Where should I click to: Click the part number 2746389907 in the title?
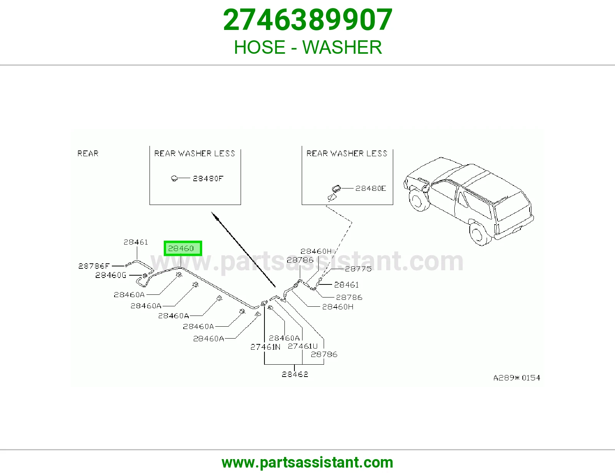[307, 20]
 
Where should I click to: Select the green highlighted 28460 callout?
[183, 248]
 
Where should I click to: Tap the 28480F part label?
[208, 178]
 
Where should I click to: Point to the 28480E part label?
[371, 188]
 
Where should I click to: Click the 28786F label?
[94, 266]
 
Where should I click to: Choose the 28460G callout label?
[111, 275]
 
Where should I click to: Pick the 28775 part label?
[358, 269]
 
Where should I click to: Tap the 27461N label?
[265, 347]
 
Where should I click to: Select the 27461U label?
[303, 346]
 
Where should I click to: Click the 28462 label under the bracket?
[295, 374]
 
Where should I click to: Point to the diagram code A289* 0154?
[517, 378]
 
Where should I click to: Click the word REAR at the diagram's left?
[88, 154]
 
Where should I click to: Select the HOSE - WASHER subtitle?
[307, 47]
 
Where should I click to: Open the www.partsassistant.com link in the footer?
[307, 463]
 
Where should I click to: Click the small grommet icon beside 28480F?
[175, 178]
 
